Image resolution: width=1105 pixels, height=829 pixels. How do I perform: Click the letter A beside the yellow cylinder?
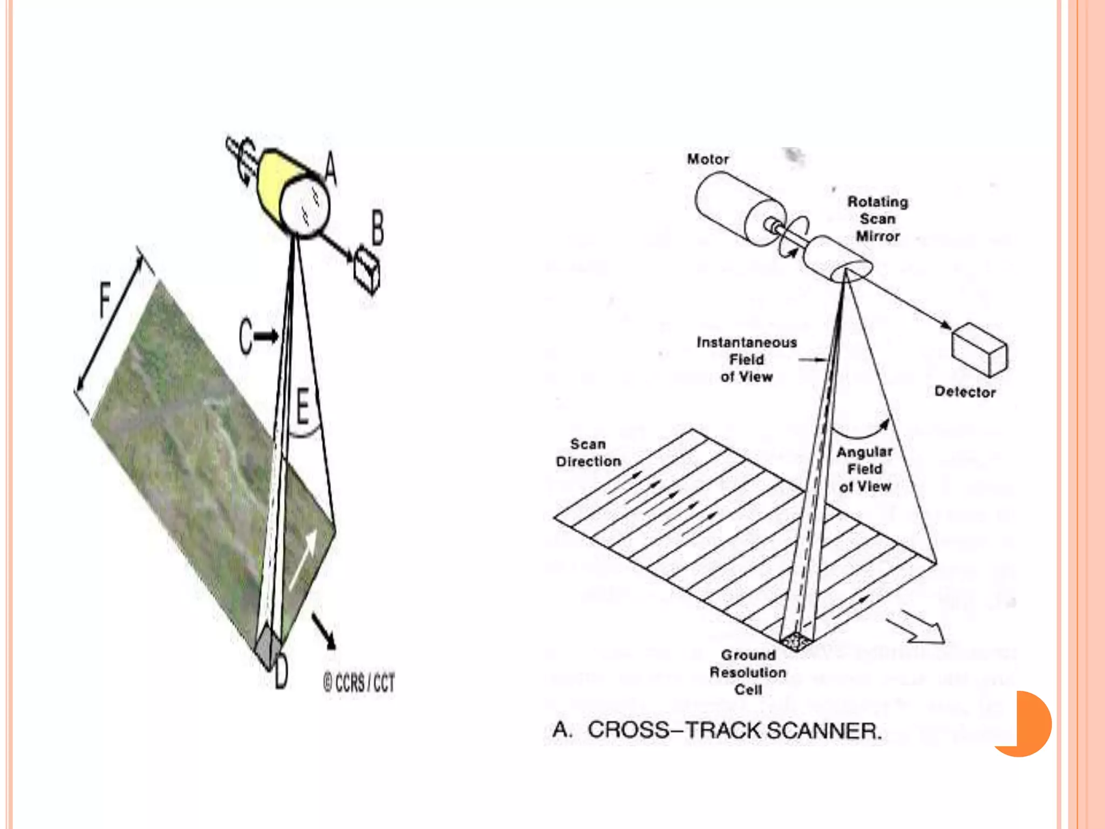(x=331, y=168)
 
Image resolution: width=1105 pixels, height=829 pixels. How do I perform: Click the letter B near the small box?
(x=378, y=227)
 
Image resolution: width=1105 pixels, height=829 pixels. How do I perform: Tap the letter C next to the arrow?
(x=245, y=337)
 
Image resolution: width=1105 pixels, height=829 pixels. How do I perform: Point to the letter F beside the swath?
(x=105, y=298)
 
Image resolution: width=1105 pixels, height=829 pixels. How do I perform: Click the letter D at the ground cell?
(x=281, y=672)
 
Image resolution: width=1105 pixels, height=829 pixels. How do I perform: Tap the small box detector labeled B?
(x=367, y=269)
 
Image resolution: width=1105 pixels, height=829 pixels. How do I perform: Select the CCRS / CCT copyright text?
(x=359, y=683)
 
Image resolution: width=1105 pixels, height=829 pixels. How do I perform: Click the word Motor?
(x=707, y=159)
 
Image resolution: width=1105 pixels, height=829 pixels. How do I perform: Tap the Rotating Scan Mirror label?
(x=878, y=219)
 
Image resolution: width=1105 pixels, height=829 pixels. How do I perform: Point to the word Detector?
(x=965, y=392)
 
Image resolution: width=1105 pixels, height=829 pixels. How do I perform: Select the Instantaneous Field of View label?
(x=747, y=359)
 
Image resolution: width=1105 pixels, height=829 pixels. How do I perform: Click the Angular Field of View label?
(x=865, y=469)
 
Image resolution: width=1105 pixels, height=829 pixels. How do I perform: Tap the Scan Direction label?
(x=588, y=453)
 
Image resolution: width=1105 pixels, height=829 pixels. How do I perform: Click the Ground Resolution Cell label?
(x=748, y=672)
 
